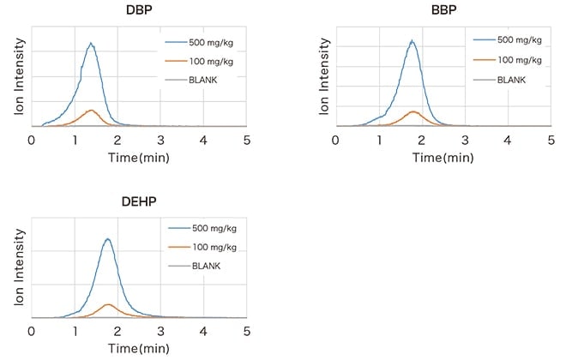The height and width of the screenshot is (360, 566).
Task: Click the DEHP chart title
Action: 139,204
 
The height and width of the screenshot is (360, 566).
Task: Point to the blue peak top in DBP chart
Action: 90,43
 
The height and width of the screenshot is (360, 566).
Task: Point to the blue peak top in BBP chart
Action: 412,40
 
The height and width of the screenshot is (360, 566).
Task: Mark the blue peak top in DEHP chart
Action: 108,238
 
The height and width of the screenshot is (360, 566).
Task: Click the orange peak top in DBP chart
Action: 91,110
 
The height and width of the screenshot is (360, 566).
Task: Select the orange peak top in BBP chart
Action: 413,111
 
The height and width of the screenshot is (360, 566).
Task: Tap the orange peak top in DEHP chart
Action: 108,303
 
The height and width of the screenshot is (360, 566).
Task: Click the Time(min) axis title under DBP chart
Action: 138,157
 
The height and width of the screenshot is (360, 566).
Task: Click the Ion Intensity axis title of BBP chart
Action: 326,72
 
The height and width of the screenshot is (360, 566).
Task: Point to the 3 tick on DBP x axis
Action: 160,139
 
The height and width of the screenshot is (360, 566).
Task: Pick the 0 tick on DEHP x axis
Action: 32,331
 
